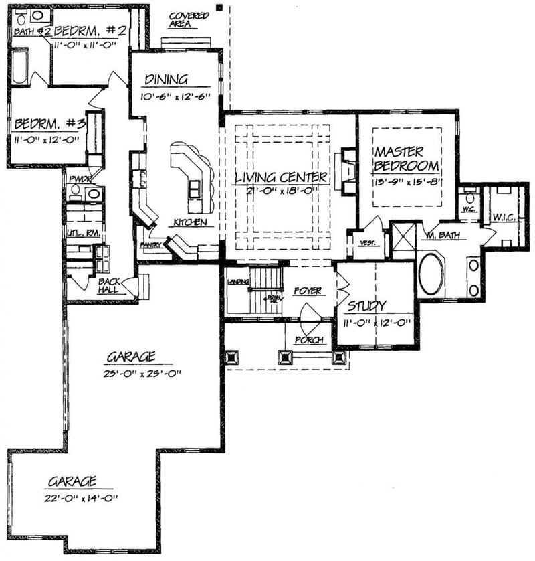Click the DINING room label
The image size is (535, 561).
[x=167, y=80]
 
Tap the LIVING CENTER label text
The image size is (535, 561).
[x=281, y=178]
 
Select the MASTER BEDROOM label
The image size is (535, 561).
[x=407, y=159]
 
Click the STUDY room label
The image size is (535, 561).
[x=365, y=307]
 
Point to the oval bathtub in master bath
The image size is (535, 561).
[x=431, y=273]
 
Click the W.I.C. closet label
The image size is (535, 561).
[x=505, y=217]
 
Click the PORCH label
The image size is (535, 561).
[x=309, y=340]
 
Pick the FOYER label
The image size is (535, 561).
[x=308, y=291]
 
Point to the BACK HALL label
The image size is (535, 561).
[x=110, y=286]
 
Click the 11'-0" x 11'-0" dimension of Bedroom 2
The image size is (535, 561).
[x=86, y=45]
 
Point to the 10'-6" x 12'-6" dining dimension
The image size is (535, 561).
[x=175, y=96]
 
